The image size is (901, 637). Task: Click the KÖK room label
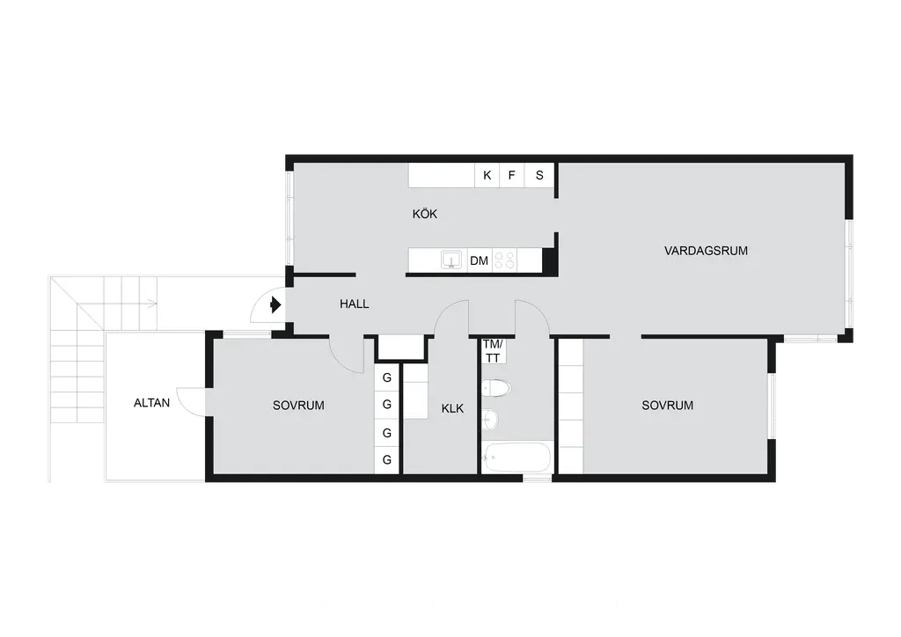425,214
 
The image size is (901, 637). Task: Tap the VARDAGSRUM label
706,251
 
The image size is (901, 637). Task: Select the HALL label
354,304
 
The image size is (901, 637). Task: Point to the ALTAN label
151,403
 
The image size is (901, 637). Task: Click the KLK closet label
452,408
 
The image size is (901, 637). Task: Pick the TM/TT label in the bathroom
493,351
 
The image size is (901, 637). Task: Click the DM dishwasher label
479,260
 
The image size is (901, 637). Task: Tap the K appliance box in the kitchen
487,175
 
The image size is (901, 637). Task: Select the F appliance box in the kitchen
511,175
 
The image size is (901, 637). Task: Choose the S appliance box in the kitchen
539,175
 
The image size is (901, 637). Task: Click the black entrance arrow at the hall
275,304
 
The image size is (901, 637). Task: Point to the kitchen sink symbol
451,260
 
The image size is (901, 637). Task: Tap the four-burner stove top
505,260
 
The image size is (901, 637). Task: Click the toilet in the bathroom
496,388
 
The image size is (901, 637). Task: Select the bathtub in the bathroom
516,458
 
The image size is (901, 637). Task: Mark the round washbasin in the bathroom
489,419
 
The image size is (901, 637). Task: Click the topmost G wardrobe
387,378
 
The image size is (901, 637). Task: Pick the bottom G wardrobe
387,460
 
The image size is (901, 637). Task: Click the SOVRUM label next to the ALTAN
298,406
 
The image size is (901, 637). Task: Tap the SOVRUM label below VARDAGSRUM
667,406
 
